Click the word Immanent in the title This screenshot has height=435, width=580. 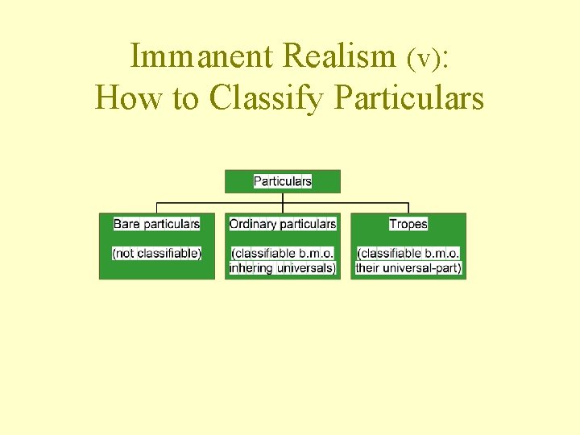tap(202, 56)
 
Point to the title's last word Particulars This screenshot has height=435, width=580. tap(408, 99)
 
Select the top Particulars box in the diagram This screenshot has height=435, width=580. tap(283, 181)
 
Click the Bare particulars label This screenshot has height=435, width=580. tap(156, 224)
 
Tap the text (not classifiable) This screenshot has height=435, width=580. tap(156, 253)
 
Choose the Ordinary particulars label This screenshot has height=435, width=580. tap(283, 224)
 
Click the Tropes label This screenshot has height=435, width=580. tap(408, 224)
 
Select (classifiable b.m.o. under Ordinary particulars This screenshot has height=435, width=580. tap(283, 253)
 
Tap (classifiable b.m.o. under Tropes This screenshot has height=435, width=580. tap(408, 253)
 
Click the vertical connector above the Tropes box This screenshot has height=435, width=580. tap(408, 207)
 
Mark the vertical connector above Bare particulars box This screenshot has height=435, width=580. tap(156, 207)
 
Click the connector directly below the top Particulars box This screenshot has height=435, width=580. tap(283, 197)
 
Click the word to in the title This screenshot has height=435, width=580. tap(185, 99)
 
